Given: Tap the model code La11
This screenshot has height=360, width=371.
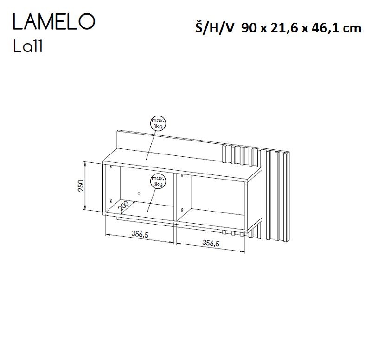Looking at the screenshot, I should (28, 47).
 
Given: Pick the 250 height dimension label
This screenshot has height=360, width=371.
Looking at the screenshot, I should (81, 186).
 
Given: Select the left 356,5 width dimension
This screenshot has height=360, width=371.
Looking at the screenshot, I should (140, 235).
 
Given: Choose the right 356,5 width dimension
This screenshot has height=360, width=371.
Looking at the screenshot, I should (211, 242).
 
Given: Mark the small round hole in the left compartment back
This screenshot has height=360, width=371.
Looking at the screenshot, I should (139, 193).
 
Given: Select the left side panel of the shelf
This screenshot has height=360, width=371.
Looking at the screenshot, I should (103, 188).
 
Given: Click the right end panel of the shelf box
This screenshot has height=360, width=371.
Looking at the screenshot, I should (250, 204).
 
